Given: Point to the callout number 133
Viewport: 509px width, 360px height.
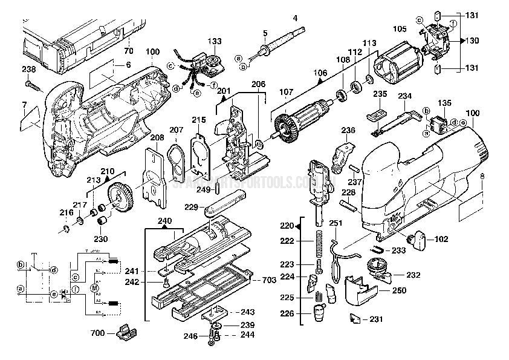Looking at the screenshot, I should pyautogui.click(x=215, y=41).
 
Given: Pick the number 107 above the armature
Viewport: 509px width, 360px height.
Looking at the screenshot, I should pyautogui.click(x=285, y=93).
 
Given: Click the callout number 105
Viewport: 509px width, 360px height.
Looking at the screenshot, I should pyautogui.click(x=400, y=28).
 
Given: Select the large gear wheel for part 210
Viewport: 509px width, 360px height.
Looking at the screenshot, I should pyautogui.click(x=123, y=200).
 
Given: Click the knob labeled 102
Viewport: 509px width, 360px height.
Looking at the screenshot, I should pyautogui.click(x=417, y=240).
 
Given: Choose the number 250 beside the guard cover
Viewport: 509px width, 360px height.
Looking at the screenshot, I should pyautogui.click(x=398, y=291).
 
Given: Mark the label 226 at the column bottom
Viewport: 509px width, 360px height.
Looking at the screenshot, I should pyautogui.click(x=288, y=313).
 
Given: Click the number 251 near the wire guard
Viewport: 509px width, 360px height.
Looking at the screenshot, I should pyautogui.click(x=336, y=224).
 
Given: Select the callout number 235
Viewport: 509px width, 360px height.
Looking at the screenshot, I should pyautogui.click(x=380, y=94).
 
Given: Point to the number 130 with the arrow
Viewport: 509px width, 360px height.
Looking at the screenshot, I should pyautogui.click(x=472, y=41).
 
